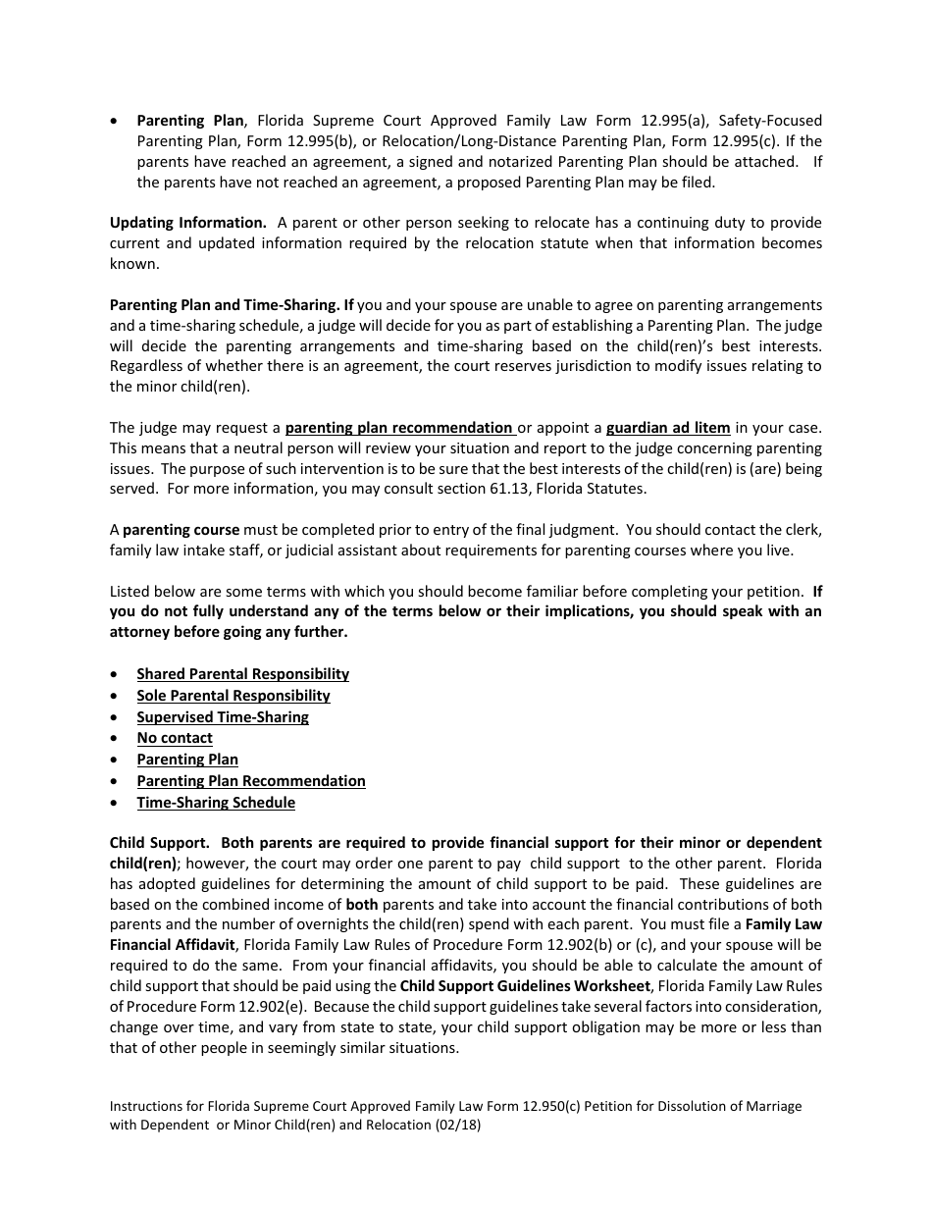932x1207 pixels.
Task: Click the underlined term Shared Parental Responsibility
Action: tap(242, 674)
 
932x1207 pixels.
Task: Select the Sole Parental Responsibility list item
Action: tap(233, 696)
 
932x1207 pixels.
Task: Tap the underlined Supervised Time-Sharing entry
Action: tap(223, 717)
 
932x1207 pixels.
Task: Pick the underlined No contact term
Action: tap(175, 738)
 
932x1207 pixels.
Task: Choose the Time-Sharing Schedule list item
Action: tap(216, 803)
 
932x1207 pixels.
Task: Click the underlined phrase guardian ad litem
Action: tap(668, 428)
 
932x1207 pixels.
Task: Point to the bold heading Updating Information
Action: tap(187, 223)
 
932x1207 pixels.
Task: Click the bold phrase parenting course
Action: tap(181, 530)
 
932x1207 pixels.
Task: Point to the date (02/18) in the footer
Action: tap(458, 1127)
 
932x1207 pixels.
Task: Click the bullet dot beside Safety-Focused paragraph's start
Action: tap(116, 121)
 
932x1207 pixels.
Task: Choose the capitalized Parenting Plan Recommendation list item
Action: tap(251, 781)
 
